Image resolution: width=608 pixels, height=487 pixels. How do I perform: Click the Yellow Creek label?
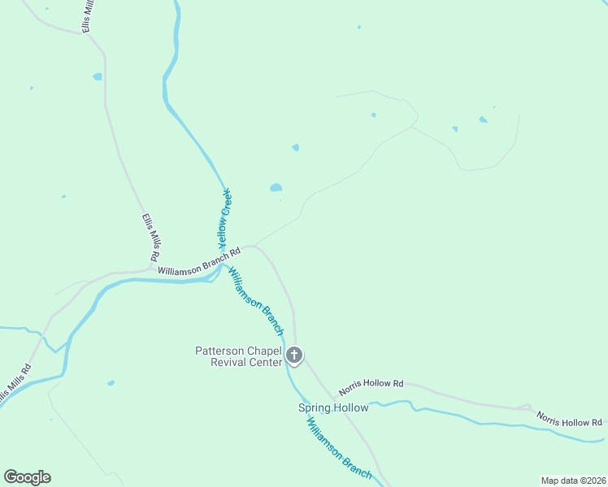[x=225, y=218]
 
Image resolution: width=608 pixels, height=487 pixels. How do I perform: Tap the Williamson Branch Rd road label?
[x=199, y=261]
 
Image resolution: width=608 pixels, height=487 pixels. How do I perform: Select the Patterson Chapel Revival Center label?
[x=237, y=356]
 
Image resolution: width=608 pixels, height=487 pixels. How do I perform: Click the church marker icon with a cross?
[x=294, y=356]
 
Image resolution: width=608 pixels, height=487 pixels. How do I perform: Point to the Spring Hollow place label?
[x=333, y=407]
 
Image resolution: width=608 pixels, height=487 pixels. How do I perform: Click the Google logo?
[x=27, y=477]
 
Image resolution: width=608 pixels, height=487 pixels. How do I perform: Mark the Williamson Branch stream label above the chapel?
[x=255, y=301]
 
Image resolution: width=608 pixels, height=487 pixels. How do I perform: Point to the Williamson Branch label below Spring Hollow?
[x=339, y=447]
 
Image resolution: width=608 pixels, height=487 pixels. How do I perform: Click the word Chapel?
[x=261, y=351]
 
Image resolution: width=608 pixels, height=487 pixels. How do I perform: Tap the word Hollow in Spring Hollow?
[x=350, y=407]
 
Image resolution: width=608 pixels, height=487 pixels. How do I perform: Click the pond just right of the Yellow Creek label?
[x=276, y=187]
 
